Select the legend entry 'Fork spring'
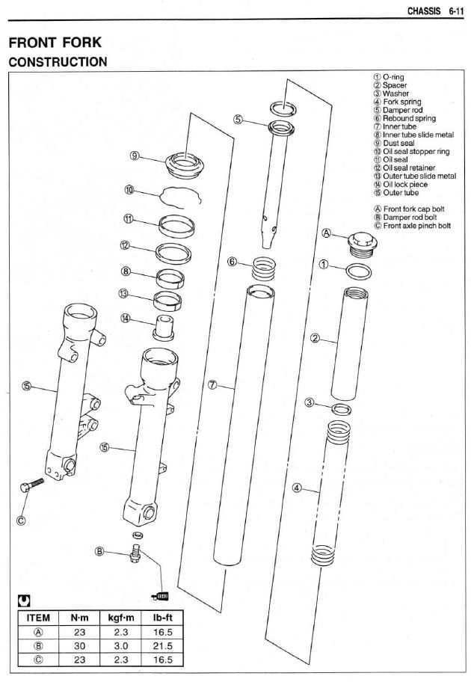coord(401,102)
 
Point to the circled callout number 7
coord(212,384)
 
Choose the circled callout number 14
coord(126,318)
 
